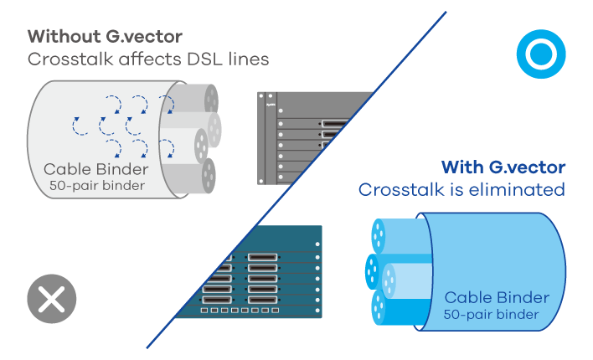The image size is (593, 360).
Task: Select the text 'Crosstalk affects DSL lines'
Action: click(x=148, y=59)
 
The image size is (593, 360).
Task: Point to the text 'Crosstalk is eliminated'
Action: click(x=462, y=190)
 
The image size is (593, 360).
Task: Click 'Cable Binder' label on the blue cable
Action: click(x=497, y=297)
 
